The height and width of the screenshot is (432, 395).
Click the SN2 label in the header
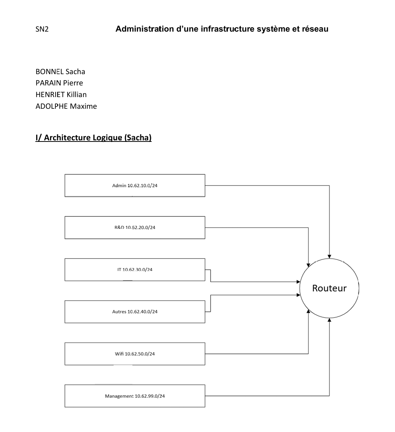point(42,29)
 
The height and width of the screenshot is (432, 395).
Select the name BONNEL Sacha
point(60,71)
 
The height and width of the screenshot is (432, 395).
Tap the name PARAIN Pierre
point(59,83)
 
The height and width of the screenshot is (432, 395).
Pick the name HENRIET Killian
point(61,94)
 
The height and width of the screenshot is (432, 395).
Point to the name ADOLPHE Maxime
point(66,106)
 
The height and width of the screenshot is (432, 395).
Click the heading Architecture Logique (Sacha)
point(93,137)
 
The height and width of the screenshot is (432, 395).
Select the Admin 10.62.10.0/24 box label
point(135,186)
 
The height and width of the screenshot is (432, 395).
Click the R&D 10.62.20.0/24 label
point(135,227)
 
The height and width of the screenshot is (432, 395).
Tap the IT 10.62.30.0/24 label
point(135,269)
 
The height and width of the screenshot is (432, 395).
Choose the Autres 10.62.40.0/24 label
point(135,312)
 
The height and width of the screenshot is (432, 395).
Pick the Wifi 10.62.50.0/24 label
point(135,354)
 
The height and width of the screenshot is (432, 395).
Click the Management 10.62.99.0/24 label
point(135,396)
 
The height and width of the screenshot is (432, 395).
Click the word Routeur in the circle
point(329,288)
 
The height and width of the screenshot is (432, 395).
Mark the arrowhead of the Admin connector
point(329,257)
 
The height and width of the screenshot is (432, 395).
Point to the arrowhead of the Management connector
point(329,319)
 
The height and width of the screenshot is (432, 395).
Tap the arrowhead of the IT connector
point(298,282)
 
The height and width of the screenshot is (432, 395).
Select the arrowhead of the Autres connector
point(298,295)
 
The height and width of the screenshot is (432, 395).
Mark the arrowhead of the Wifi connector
point(308,311)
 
